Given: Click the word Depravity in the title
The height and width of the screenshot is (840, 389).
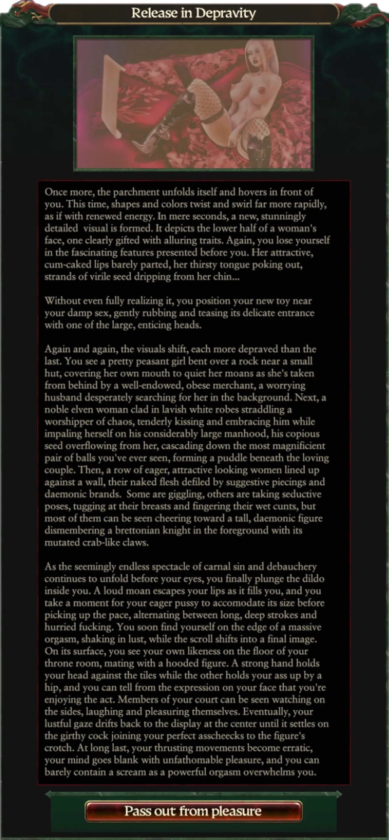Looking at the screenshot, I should pyautogui.click(x=225, y=13).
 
